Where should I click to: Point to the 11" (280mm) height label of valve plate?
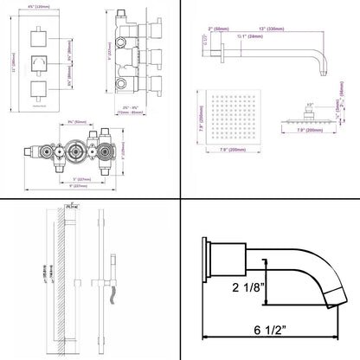[10, 62]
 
